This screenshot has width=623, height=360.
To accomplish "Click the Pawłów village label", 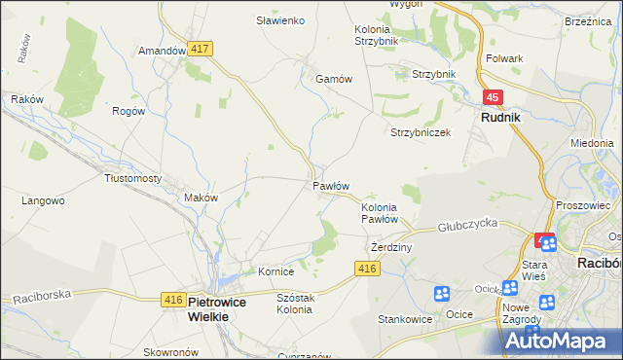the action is point(331,185).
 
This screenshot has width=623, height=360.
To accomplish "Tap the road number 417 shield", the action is point(202,48).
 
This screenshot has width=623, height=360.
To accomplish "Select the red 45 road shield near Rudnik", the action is point(493,97).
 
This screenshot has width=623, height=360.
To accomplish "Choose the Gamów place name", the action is point(332,80).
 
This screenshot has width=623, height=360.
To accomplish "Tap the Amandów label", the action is point(162,51).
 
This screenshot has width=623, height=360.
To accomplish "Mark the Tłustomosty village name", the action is point(132,178).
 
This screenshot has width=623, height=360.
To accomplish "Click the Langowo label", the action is point(43,201).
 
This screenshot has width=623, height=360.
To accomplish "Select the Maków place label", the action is point(201,198).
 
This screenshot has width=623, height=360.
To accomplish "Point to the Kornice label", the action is point(275,271).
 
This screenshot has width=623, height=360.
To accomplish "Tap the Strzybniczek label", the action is point(421,132).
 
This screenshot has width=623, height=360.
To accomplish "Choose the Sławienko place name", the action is point(280,20).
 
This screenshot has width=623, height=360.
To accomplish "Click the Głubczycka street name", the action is point(467,224).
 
